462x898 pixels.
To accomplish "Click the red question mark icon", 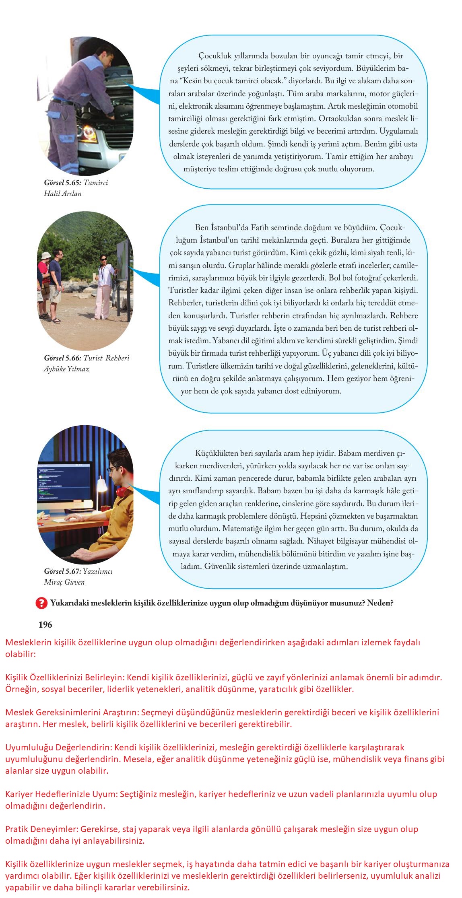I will (41, 603).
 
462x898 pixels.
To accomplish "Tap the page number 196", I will (45, 624).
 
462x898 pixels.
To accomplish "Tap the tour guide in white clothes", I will (103, 286).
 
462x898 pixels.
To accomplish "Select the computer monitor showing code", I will (64, 483).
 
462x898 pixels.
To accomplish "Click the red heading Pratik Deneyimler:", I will (42, 829).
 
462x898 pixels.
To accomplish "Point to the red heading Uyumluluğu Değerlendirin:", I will (59, 747).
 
